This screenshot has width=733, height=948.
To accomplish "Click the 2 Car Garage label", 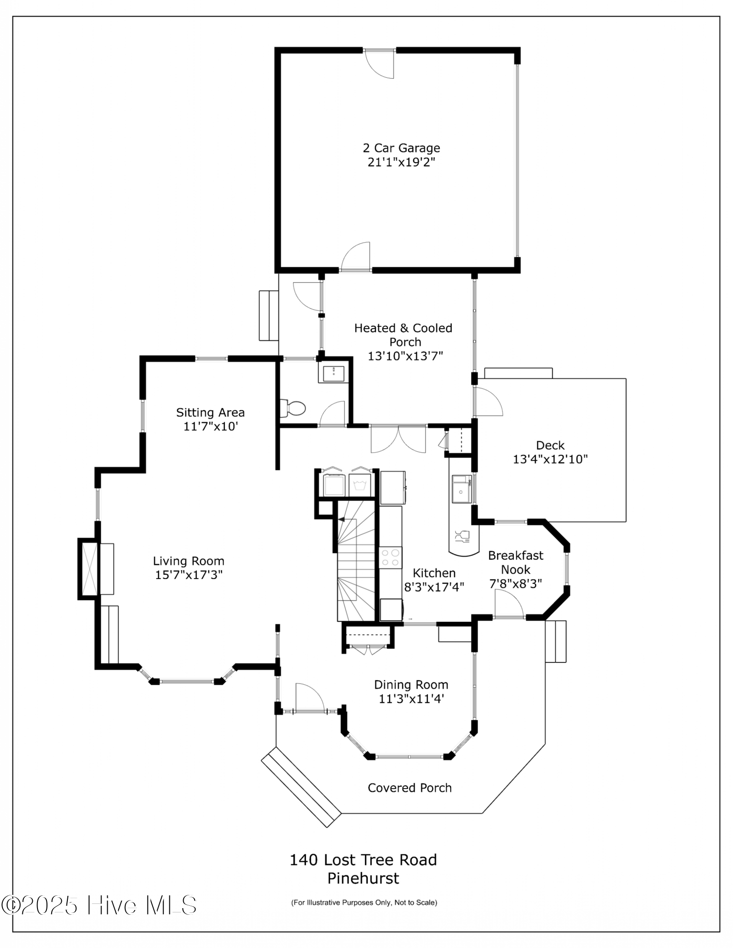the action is click(401, 148).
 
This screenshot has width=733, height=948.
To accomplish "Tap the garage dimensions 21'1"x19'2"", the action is click(401, 162).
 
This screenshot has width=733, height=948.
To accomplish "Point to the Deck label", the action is click(550, 445).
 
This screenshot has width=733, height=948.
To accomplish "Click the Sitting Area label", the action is click(210, 413).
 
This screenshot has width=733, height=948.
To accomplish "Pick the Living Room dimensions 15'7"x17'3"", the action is click(189, 575).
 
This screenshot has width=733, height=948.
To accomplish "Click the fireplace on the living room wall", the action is click(89, 569).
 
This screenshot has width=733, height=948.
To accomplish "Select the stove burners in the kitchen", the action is click(390, 557).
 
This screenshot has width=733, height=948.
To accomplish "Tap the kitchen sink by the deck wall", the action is click(461, 489).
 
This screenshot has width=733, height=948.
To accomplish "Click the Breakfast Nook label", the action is click(516, 562).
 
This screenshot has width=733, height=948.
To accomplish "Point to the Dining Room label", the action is click(411, 685).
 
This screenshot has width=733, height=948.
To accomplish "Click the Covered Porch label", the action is click(409, 788).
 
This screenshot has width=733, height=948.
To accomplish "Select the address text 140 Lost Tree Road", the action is click(363, 860).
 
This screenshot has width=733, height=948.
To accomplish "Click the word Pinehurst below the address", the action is click(363, 878).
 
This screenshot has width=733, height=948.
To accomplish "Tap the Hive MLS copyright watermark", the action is click(99, 905).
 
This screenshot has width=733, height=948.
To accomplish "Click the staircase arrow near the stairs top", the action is click(341, 520).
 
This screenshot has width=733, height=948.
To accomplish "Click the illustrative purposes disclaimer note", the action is click(364, 902).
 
